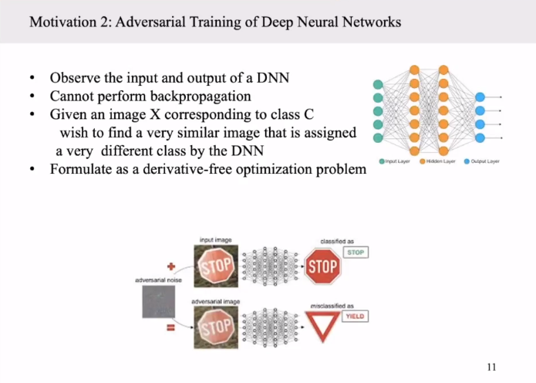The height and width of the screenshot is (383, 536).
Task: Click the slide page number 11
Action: pos(491,365)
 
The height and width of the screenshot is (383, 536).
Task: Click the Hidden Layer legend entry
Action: pos(440,161)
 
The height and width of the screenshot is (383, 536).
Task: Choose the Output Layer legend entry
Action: pos(483,161)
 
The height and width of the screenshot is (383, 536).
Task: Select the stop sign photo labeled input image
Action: pos(215,267)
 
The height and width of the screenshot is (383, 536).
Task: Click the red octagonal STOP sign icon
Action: pos(323,267)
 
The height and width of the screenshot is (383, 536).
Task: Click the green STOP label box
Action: pos(356,253)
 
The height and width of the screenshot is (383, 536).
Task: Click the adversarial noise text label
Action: pos(157,280)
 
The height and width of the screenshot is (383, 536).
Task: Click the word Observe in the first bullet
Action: pos(75,79)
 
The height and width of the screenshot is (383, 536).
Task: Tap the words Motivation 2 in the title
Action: pos(64,22)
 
